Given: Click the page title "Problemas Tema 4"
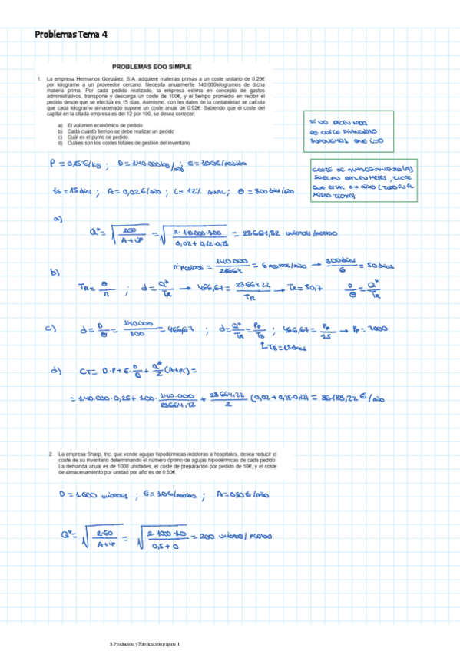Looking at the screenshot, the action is tap(71, 35).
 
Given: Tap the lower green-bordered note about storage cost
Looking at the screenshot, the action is tap(362, 183).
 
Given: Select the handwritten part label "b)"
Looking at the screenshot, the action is tap(55, 273).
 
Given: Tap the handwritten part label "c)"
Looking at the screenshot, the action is tap(52, 329).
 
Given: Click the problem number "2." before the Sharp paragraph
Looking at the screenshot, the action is tap(51, 454).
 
